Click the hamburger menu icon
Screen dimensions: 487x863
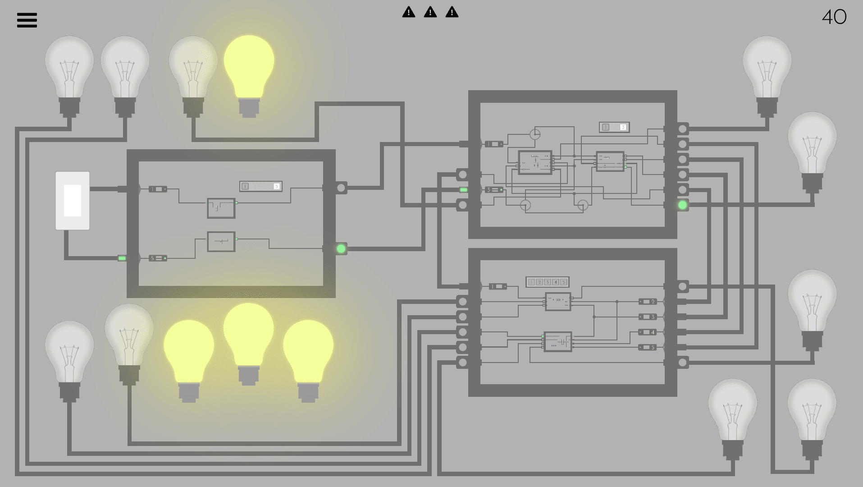click(27, 20)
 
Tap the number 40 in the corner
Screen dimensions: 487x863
click(834, 18)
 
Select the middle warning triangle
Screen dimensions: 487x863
click(430, 12)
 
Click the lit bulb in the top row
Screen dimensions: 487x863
click(249, 68)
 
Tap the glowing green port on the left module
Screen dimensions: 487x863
click(341, 248)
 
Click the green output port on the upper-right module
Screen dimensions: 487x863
click(683, 205)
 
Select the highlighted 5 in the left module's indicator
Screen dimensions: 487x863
click(276, 186)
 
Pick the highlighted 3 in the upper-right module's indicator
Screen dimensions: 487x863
click(623, 127)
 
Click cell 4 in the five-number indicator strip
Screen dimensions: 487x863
click(555, 282)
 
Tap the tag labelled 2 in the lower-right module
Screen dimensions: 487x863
click(648, 302)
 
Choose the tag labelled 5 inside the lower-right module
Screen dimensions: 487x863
click(648, 348)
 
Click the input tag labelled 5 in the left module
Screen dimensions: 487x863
click(158, 258)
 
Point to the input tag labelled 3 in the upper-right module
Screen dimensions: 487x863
click(494, 190)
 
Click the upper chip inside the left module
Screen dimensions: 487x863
click(221, 208)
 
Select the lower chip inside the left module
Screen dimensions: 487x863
click(221, 242)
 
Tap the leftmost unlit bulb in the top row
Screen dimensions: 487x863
click(69, 68)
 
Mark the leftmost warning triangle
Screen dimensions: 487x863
click(409, 12)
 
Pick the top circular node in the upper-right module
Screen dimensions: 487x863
click(535, 134)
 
